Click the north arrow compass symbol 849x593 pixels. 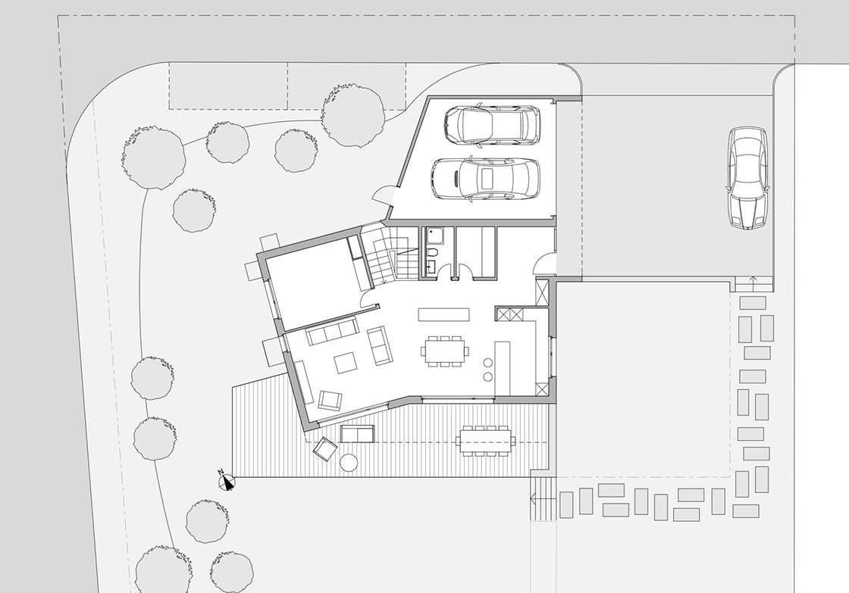pyautogui.click(x=227, y=480)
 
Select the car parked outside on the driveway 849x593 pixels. pyautogui.click(x=747, y=178)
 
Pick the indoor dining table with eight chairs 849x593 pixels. pyautogui.click(x=445, y=351)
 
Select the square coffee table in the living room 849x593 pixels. pyautogui.click(x=346, y=363)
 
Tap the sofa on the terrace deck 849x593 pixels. pyautogui.click(x=357, y=434)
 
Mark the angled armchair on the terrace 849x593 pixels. pyautogui.click(x=325, y=449)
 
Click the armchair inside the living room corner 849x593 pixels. pyautogui.click(x=330, y=400)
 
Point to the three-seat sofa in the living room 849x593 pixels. pyautogui.click(x=332, y=331)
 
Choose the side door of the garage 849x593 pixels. pyautogui.click(x=387, y=194)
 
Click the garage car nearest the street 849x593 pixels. pyautogui.click(x=492, y=126)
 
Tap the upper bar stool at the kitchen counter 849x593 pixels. pyautogui.click(x=488, y=363)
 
